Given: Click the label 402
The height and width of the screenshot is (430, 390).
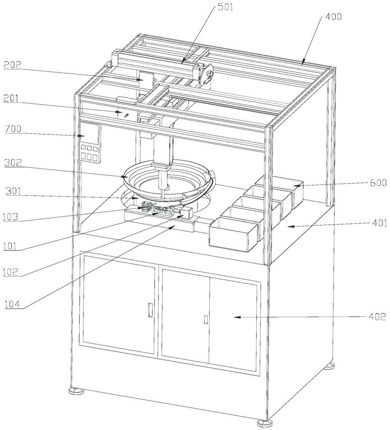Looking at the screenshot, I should click(377, 317).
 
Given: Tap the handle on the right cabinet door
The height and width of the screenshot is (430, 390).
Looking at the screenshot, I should click(205, 319).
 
